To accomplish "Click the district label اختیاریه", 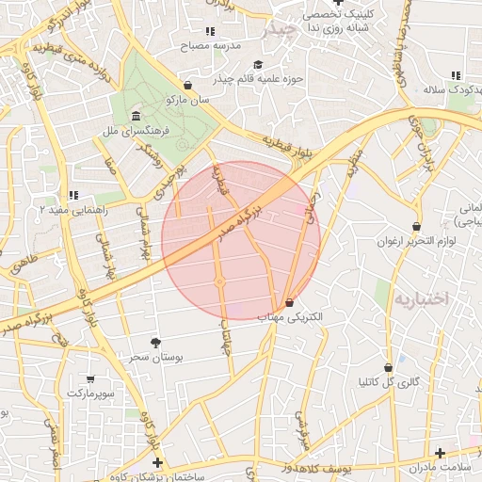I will click(421, 298).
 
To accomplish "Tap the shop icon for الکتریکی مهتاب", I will click(289, 303).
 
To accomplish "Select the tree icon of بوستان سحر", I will click(155, 343).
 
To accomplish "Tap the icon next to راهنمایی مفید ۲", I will click(73, 196).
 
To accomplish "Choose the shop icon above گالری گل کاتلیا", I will click(388, 367).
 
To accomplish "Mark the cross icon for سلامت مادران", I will click(440, 453).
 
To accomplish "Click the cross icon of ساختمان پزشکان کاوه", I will click(157, 462).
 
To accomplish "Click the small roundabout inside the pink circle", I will click(219, 281).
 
